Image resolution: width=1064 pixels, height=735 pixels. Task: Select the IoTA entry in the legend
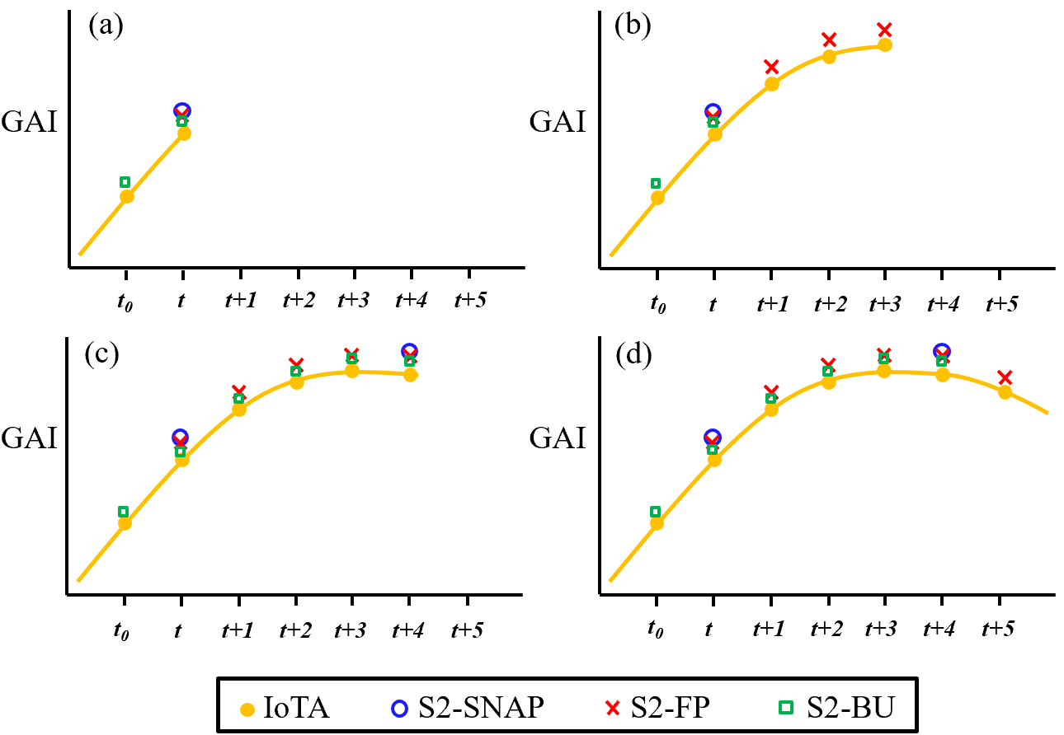point(284,707)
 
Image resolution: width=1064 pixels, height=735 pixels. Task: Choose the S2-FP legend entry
point(657,707)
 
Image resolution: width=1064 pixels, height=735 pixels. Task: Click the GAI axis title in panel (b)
point(558,122)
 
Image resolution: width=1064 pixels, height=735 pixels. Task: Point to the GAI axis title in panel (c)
point(30,438)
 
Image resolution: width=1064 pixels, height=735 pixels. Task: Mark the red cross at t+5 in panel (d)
point(1004,377)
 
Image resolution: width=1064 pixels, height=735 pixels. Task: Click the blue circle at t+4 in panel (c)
point(409,352)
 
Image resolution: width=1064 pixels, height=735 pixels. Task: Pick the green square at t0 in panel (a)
point(125,182)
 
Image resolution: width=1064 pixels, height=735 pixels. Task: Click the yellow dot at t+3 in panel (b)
point(884,44)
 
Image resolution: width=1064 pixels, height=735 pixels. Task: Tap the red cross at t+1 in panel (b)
point(771,66)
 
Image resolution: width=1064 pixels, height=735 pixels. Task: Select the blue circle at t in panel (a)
point(182,110)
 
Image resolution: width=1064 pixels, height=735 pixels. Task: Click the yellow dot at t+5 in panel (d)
point(1005,391)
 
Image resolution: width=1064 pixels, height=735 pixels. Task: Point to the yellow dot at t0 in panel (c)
point(125,522)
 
